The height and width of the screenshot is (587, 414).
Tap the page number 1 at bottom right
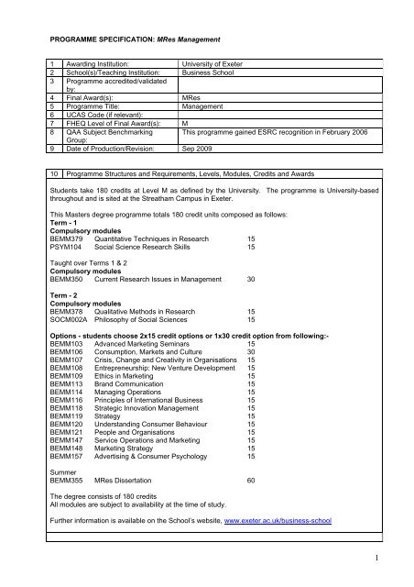click(391, 554)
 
